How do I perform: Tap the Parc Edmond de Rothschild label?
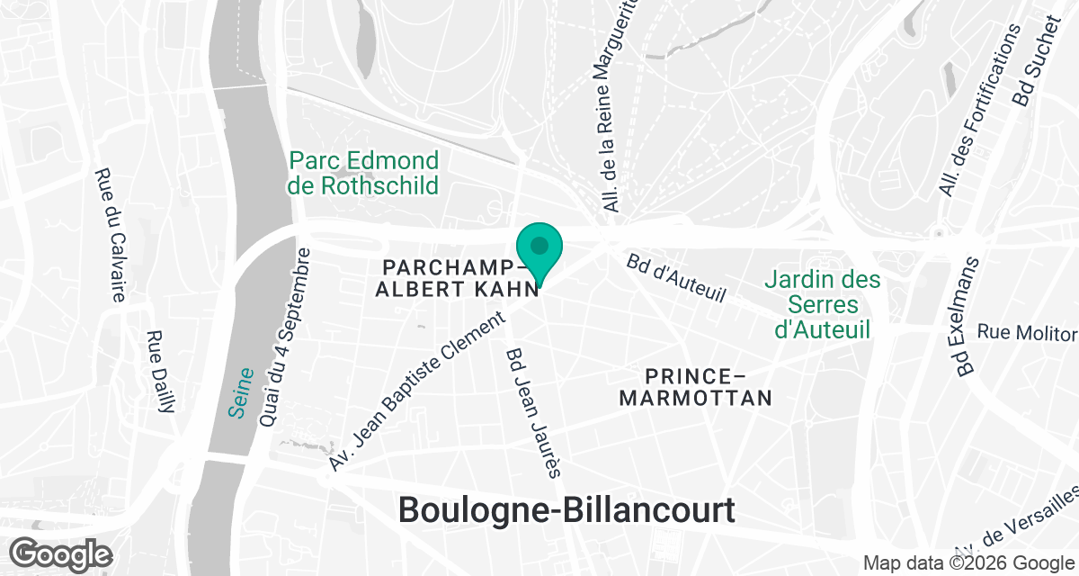click(x=363, y=174)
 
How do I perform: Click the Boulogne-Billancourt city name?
click(x=566, y=510)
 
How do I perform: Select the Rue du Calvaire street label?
click(x=110, y=235)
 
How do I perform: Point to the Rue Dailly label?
click(x=160, y=372)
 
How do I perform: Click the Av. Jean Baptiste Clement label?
click(x=415, y=393)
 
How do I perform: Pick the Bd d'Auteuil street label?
click(x=675, y=278)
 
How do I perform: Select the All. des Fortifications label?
click(x=980, y=110)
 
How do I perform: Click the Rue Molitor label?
click(x=1026, y=333)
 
